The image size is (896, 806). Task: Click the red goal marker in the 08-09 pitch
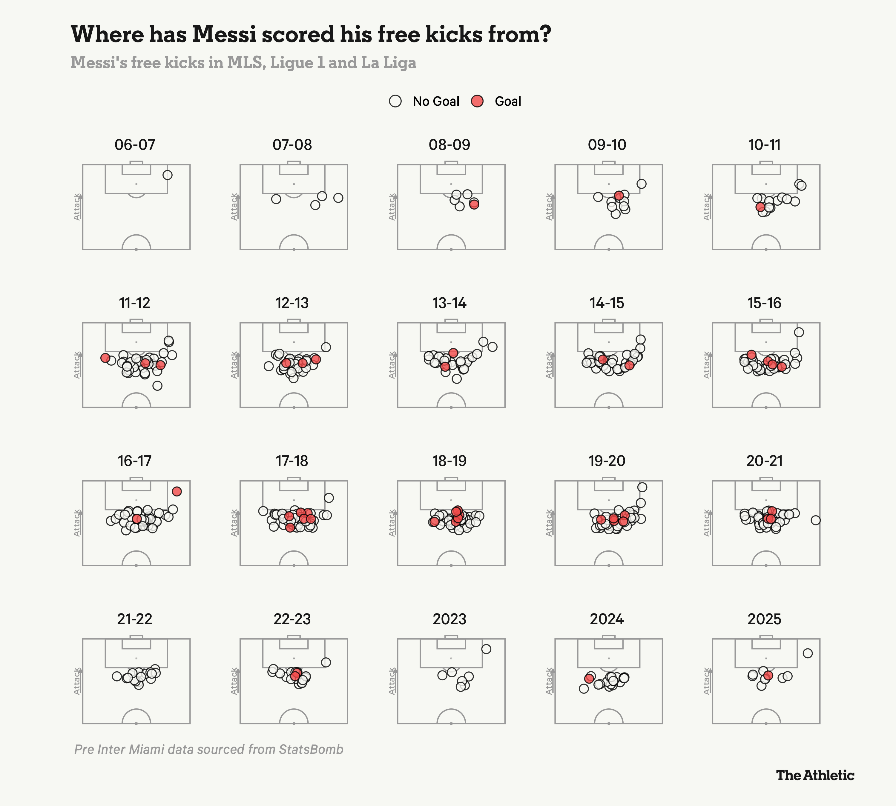tap(474, 204)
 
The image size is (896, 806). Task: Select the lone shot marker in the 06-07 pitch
tap(168, 175)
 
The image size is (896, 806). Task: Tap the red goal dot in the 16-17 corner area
tap(177, 491)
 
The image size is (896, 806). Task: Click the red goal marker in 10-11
tap(760, 207)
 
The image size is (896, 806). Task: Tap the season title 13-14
tap(449, 303)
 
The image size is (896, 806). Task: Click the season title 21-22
tap(135, 619)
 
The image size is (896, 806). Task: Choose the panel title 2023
tap(449, 619)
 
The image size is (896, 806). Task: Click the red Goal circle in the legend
tap(477, 101)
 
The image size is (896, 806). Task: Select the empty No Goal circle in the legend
tap(395, 101)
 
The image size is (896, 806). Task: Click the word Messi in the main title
tap(224, 34)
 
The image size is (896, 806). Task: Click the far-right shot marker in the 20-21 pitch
tap(815, 520)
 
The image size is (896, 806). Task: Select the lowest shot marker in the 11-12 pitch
tap(157, 386)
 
